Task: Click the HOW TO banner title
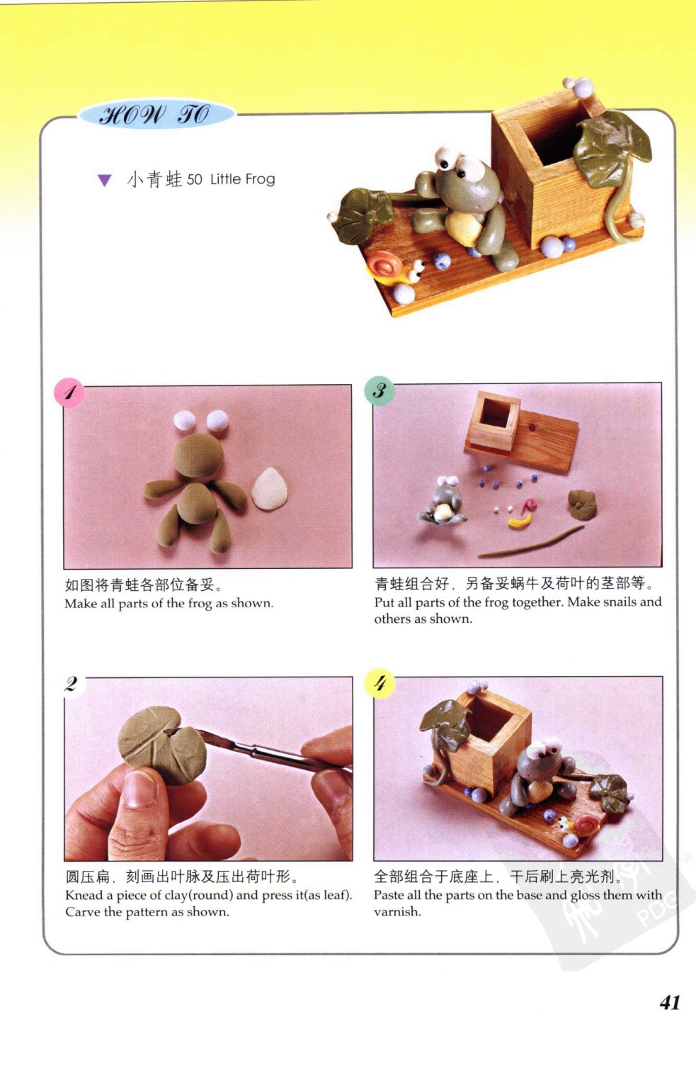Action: pos(154,115)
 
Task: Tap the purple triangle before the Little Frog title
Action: pos(105,180)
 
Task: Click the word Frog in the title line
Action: pos(260,179)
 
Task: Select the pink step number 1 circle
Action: pos(69,393)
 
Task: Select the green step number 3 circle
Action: pos(380,390)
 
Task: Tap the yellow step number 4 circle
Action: pos(380,683)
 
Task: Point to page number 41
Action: pos(670,1002)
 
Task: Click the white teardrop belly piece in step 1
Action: pos(270,488)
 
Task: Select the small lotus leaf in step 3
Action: pos(582,504)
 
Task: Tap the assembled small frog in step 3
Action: pos(443,500)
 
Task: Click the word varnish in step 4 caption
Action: pos(397,912)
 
